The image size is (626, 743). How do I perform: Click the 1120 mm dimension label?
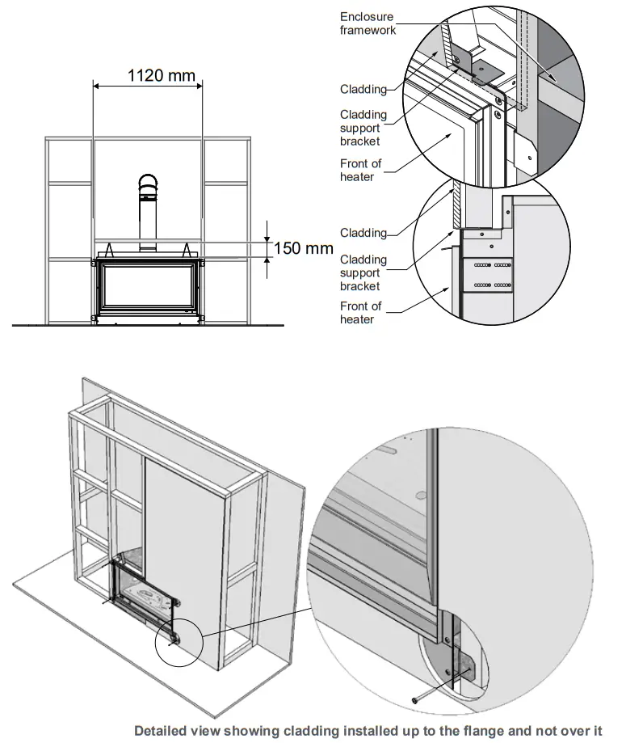(162, 76)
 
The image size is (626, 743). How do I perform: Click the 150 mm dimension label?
(304, 248)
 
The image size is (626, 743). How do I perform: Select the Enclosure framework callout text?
(368, 23)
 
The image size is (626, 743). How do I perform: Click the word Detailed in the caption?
(165, 730)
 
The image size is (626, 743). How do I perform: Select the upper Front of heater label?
(360, 171)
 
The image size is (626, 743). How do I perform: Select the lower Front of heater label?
(360, 313)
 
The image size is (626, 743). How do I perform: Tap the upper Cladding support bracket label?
(363, 128)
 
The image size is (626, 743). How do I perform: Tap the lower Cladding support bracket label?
(363, 273)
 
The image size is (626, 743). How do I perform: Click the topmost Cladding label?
(363, 89)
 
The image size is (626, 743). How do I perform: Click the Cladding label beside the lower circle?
(363, 233)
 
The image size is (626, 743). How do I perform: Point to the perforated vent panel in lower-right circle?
(488, 275)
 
